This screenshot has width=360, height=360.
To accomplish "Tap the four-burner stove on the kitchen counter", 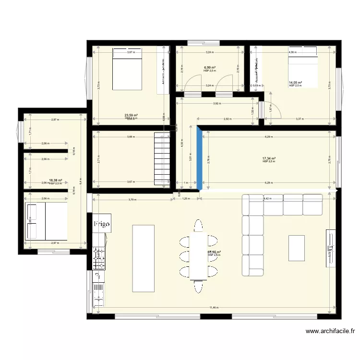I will [x=99, y=259].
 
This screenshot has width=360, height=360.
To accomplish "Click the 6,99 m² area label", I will [x=209, y=68].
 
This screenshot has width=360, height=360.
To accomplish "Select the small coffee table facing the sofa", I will [x=296, y=248].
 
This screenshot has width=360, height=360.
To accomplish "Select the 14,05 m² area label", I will [x=295, y=83].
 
